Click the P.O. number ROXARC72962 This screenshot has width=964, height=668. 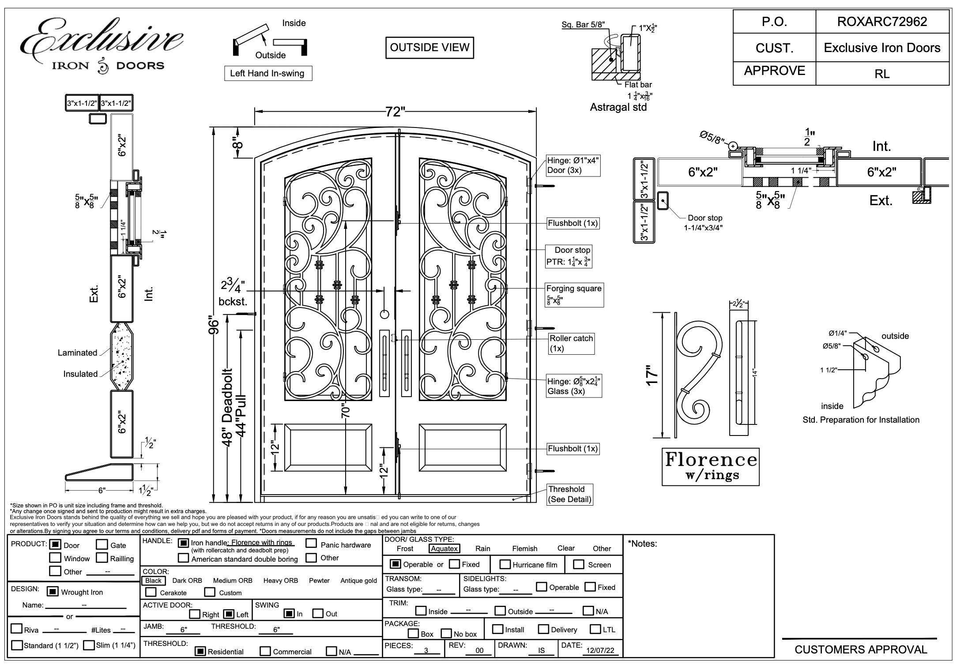pos(882,22)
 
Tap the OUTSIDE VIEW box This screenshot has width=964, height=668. pos(429,48)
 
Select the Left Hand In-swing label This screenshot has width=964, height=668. pos(267,73)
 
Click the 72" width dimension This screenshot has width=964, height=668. pos(395,112)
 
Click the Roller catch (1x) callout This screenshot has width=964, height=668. pos(571,343)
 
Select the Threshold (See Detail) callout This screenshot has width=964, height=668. pos(569,494)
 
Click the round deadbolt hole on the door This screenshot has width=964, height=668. pos(384,314)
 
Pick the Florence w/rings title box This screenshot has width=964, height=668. pos(710,467)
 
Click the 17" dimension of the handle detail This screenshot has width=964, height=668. pos(652,375)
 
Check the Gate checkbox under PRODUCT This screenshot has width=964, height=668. pos(102,545)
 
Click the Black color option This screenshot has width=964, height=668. pos(153,581)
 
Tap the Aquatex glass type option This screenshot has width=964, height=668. pos(444,548)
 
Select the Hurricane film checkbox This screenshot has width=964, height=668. pos(505,564)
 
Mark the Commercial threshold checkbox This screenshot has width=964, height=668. pos(265,651)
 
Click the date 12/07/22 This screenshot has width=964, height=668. pos(600,651)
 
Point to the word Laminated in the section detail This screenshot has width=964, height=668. pos(77,353)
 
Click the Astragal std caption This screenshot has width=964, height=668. pos(618,107)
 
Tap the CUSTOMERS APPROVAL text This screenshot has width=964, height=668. pos(861,649)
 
